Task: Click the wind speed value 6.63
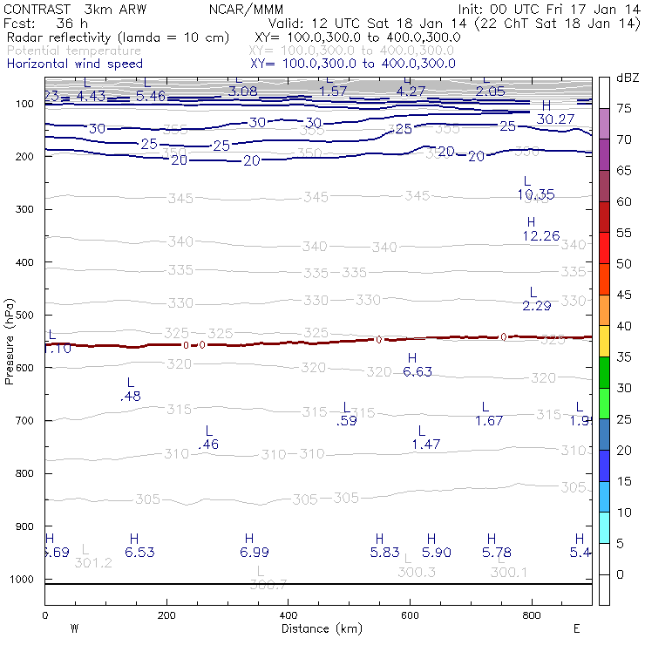point(418,372)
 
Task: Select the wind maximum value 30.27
point(555,119)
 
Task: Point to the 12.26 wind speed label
point(540,236)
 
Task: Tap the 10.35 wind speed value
point(535,194)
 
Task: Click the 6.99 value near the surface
point(254,553)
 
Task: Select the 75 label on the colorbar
point(625,109)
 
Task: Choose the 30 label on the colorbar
point(625,388)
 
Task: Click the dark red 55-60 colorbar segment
point(604,218)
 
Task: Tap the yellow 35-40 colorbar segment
point(604,342)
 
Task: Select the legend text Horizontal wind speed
point(74,64)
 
